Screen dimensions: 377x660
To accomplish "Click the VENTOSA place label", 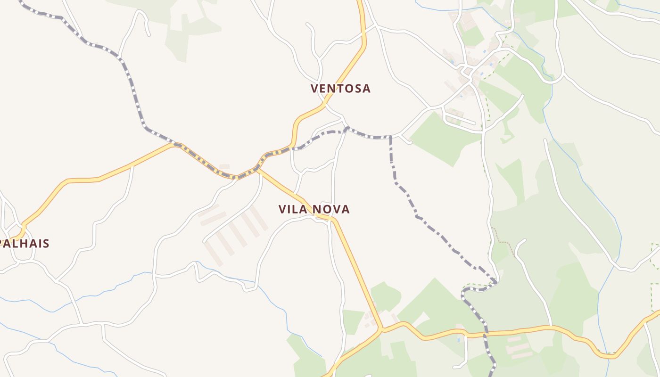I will [340, 88].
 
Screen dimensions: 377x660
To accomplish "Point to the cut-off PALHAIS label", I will [25, 244].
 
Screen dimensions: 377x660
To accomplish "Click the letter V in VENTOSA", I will [315, 88].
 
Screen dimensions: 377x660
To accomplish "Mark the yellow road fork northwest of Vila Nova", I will [259, 169].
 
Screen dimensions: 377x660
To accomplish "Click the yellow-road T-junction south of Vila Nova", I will [381, 328].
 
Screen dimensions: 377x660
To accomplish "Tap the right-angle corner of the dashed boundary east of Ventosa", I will [390, 137].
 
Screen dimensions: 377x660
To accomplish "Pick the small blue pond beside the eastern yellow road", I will [458, 340].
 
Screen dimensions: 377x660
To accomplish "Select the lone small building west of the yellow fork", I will [224, 166].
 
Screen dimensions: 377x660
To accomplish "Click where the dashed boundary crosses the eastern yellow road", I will [486, 334].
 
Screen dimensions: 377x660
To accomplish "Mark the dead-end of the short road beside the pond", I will [454, 367].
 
